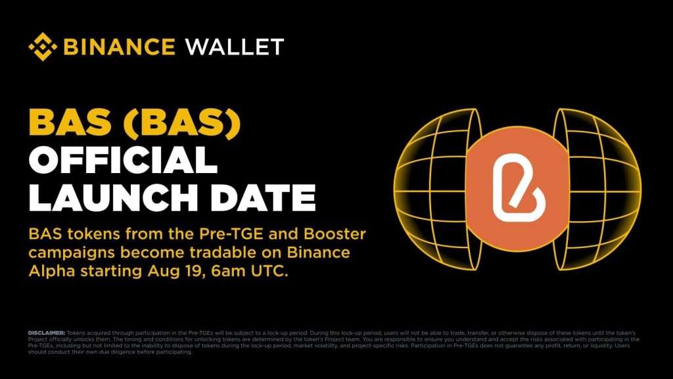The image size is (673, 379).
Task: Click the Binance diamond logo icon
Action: tap(43, 47)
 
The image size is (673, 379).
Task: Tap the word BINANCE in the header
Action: tap(119, 47)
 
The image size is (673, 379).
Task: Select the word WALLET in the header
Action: tap(235, 47)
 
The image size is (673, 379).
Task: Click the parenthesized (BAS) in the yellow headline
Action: tap(185, 123)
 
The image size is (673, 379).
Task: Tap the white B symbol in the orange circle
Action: tap(517, 182)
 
